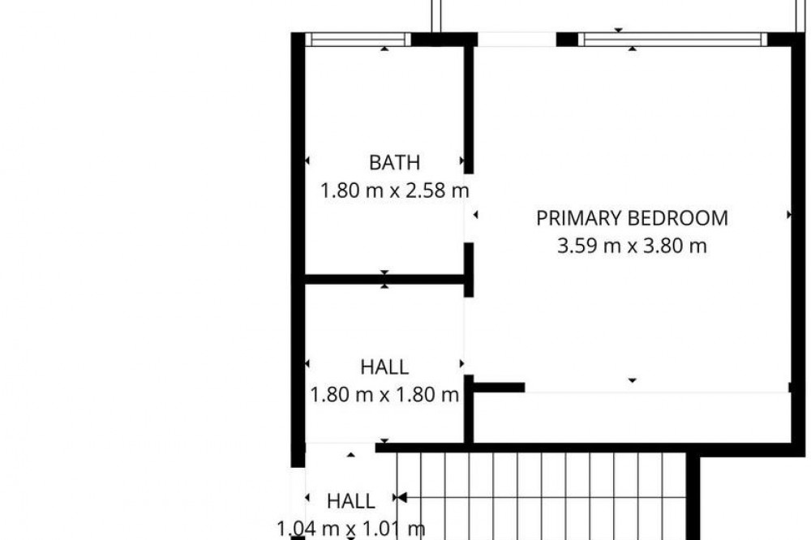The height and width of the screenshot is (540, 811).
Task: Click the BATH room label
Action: coord(394,163)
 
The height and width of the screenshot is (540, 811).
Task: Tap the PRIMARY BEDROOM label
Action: coord(632,218)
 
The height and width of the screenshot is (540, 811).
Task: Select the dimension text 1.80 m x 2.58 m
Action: coord(395,191)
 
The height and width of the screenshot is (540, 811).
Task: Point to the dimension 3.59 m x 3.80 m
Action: coord(632,246)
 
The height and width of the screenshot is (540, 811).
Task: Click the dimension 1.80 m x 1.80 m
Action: coord(384,395)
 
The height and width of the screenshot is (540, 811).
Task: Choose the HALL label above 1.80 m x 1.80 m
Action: coord(384,367)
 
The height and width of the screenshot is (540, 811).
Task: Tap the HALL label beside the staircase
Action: coord(350,501)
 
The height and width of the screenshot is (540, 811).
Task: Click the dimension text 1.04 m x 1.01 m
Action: coord(350,529)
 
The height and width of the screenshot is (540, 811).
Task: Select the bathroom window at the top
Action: coord(358,39)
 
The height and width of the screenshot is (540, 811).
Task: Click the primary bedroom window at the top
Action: coord(672,39)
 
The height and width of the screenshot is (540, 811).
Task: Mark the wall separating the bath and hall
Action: coord(384,279)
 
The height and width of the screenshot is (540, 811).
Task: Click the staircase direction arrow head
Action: coord(401,498)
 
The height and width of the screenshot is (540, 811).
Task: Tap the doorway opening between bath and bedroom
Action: coord(469,208)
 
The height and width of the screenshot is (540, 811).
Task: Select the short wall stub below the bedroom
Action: coord(499,388)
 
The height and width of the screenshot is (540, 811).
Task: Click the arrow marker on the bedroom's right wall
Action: coord(789,214)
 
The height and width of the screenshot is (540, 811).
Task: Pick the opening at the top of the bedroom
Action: coord(517,39)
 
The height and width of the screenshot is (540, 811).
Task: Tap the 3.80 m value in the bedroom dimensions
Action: coord(675,246)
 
